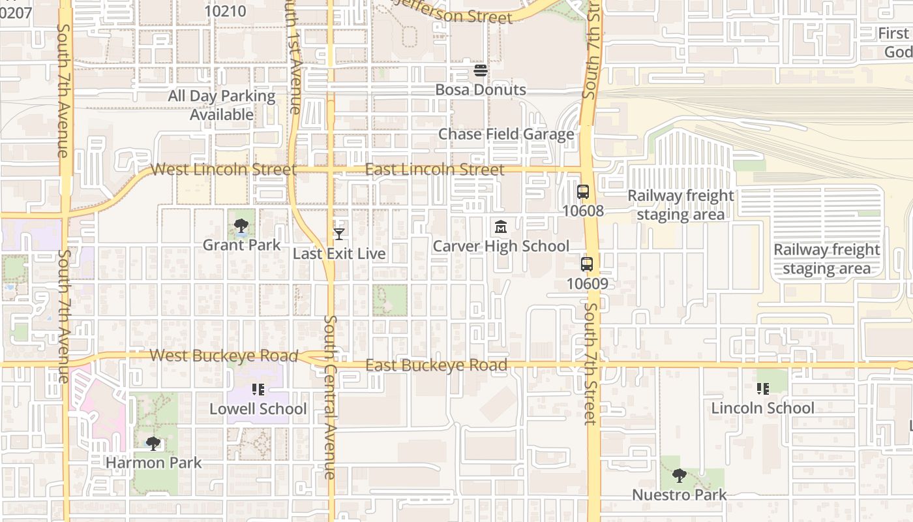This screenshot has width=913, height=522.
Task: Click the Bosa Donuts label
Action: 481,89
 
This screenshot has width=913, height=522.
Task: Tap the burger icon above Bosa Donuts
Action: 481,70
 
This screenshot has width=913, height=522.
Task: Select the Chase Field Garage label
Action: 506,134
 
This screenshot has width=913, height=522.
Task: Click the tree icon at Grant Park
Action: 241,226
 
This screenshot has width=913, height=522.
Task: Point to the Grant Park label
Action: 241,245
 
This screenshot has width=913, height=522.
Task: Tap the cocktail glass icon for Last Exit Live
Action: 339,234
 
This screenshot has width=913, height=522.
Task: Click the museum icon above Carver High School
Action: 501,227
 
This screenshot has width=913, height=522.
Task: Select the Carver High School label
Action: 501,246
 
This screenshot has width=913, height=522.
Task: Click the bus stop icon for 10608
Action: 583,192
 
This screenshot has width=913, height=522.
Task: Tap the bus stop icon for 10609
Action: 587,264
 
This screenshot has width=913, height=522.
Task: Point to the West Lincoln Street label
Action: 224,170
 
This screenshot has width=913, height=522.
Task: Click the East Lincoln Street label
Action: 434,170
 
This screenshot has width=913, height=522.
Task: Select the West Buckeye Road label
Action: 224,356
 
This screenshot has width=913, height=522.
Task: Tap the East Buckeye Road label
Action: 436,365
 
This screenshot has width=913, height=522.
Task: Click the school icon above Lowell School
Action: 258,390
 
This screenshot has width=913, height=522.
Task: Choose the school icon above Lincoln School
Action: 763,389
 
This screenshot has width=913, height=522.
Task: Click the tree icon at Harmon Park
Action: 153,444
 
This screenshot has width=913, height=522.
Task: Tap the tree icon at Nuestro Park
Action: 680,476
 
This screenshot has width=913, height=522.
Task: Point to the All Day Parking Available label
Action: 222,105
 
